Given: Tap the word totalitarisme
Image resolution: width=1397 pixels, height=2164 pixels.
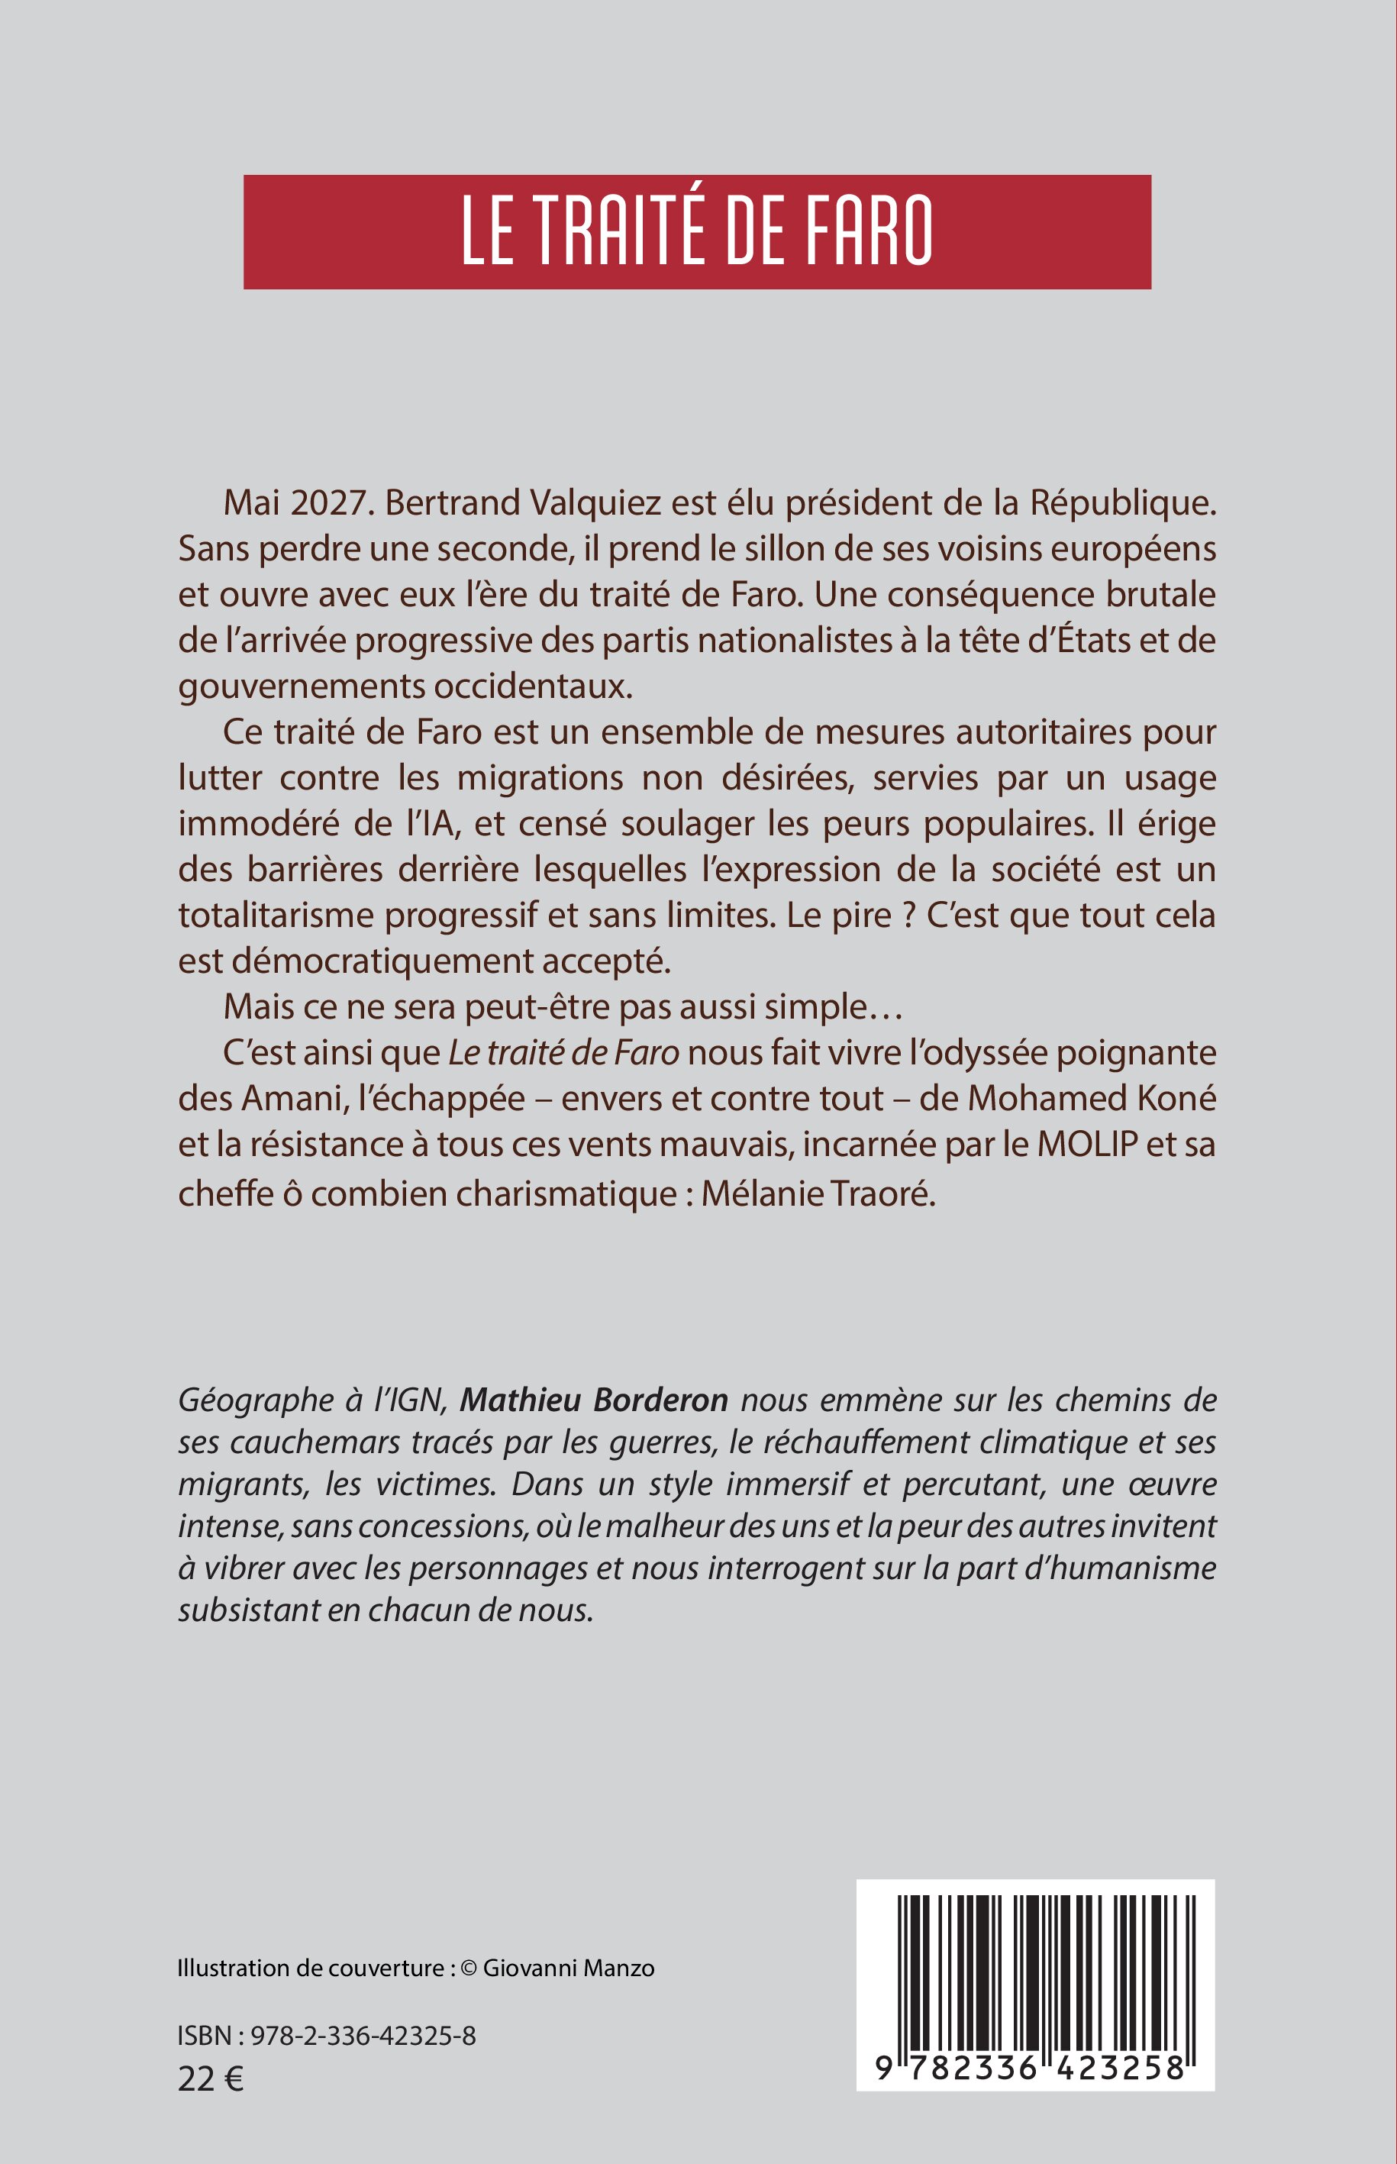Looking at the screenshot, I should click(x=276, y=916).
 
